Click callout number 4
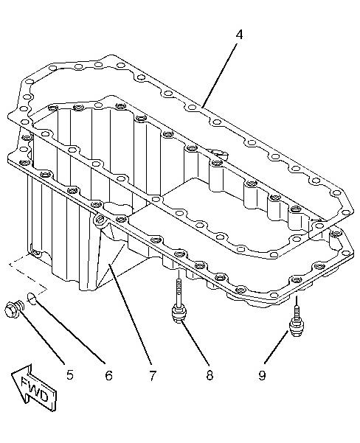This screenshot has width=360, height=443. (x=239, y=35)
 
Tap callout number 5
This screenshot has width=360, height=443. (x=69, y=375)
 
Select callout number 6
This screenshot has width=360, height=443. (x=108, y=375)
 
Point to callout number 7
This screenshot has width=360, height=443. (x=152, y=375)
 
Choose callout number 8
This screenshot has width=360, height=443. (x=210, y=375)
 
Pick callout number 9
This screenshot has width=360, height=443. (x=262, y=375)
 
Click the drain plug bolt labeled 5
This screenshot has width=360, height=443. (x=15, y=310)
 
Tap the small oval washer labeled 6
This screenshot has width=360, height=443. (x=32, y=299)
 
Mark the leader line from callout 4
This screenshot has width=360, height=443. (x=221, y=74)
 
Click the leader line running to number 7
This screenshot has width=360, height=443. (x=130, y=313)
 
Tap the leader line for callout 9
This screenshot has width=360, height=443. (x=277, y=347)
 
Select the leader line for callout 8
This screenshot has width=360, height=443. (x=195, y=342)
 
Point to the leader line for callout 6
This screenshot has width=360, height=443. (x=70, y=332)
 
